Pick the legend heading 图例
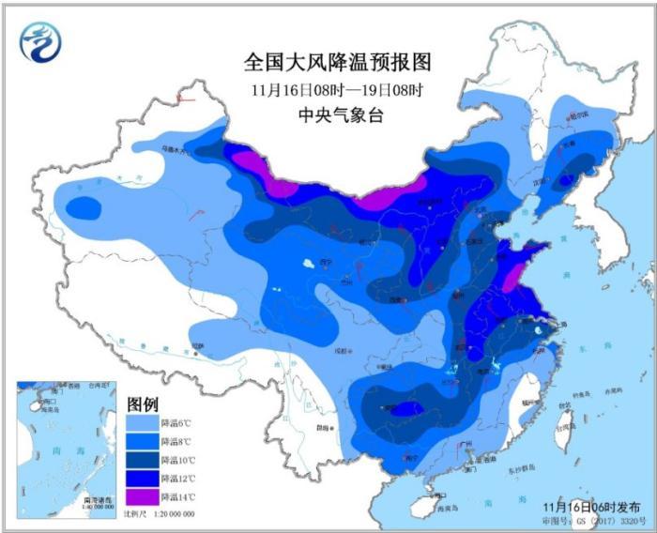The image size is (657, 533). click(143, 404)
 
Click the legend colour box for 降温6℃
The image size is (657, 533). click(142, 424)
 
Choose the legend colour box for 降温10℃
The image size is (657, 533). click(142, 460)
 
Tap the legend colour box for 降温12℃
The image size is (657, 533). click(142, 478)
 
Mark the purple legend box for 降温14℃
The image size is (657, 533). click(142, 495)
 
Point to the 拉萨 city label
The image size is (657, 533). click(197, 344)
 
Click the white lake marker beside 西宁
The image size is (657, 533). click(307, 265)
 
